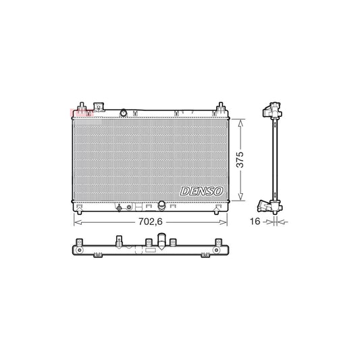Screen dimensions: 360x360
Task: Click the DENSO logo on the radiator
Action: (201, 192)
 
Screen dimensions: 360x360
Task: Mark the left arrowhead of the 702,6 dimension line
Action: (75, 221)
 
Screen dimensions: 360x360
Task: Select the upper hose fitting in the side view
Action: (273, 109)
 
